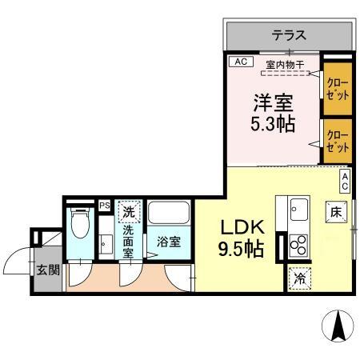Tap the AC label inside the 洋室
(x=239, y=62)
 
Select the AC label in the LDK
(x=345, y=180)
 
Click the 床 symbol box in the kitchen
(x=336, y=212)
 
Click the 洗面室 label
(x=129, y=239)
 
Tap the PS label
(x=104, y=206)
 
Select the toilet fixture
(x=80, y=226)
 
